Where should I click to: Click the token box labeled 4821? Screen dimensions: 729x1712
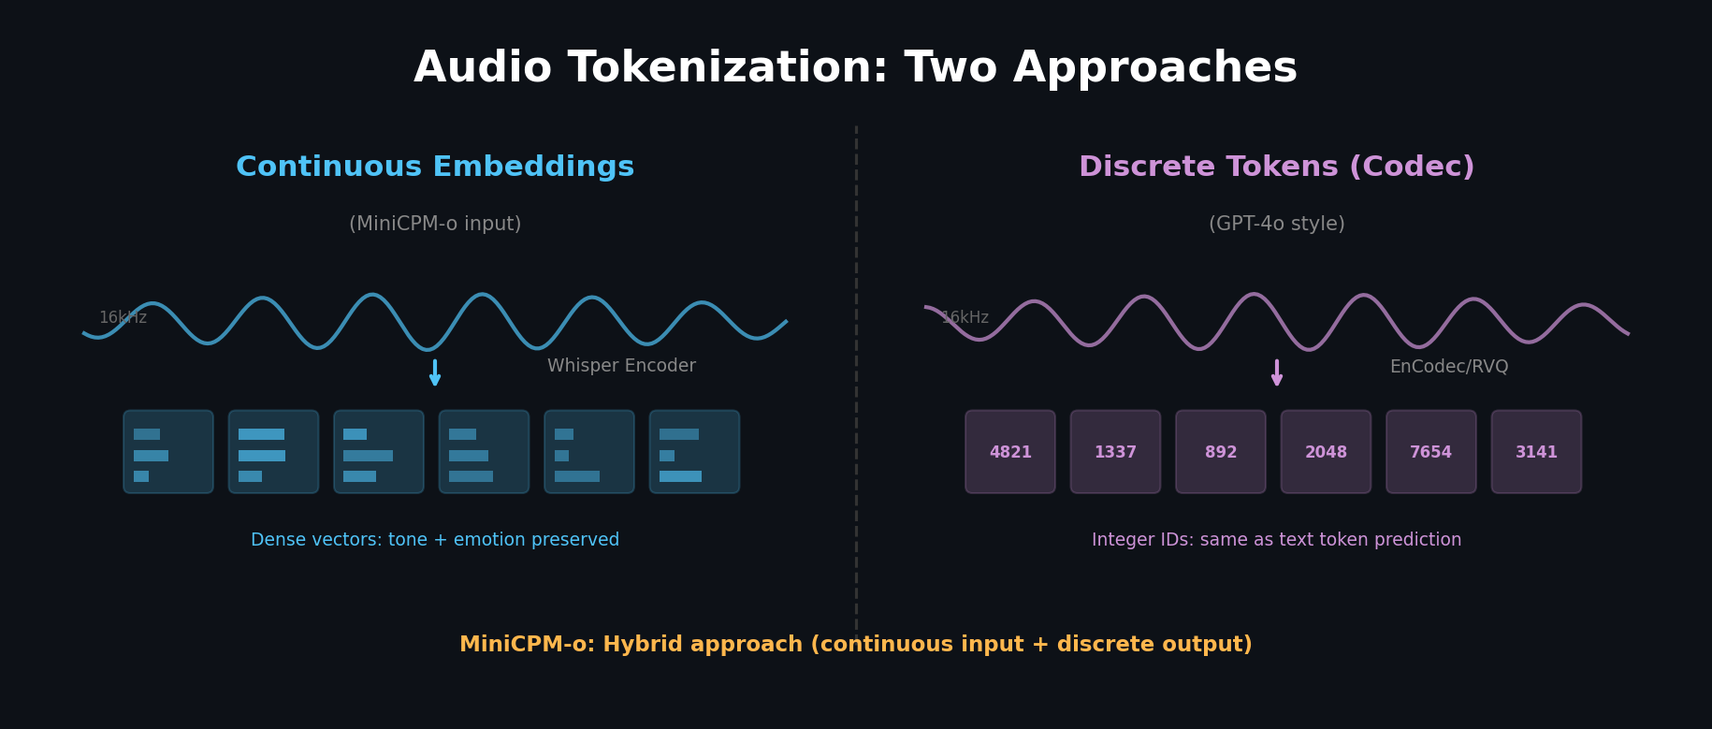click(x=1010, y=452)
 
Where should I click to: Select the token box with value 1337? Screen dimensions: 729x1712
click(x=1115, y=452)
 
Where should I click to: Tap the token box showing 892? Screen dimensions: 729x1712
click(x=1221, y=452)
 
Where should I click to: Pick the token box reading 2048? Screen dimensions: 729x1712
click(x=1326, y=452)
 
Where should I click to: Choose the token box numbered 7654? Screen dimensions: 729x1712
click(x=1431, y=452)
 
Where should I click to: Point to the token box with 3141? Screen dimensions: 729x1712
click(x=1536, y=452)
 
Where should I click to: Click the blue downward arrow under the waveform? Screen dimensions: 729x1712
click(x=435, y=372)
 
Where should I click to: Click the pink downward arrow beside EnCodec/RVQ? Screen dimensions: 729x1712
click(x=1277, y=372)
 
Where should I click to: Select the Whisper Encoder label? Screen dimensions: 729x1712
click(x=621, y=366)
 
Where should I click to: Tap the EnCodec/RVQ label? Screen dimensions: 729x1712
click(x=1448, y=367)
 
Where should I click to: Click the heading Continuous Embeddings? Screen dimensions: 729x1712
click(x=435, y=168)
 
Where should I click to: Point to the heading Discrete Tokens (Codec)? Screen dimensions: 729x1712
click(x=1276, y=168)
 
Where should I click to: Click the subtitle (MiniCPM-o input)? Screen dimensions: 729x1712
click(x=435, y=225)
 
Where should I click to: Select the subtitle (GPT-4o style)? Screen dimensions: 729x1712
click(x=1276, y=225)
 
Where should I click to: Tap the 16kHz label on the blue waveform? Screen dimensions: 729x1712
click(x=123, y=318)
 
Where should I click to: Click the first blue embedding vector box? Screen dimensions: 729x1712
click(x=168, y=452)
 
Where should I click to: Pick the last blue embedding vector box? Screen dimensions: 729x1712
click(x=694, y=452)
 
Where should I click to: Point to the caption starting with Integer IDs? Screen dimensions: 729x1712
click(x=1276, y=540)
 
